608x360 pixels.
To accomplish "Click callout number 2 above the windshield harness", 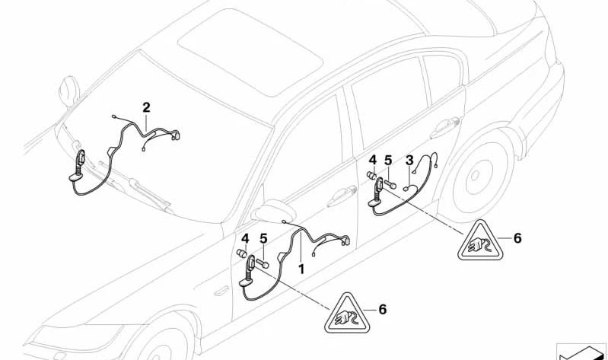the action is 146,107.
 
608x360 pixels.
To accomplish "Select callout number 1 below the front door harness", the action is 301,269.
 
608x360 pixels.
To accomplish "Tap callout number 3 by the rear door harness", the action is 409,161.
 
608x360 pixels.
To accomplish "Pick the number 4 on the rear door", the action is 373,160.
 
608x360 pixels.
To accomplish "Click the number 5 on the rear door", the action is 388,161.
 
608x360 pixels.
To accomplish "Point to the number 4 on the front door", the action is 245,238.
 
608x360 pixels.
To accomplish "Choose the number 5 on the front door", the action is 264,238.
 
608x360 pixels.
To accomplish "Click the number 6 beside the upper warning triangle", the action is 517,238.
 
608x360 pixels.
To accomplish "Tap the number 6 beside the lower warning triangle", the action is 382,309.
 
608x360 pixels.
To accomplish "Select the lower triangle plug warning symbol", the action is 347,314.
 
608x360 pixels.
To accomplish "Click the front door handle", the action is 342,196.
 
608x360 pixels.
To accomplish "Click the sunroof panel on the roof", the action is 250,52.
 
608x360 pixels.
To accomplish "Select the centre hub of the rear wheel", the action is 475,177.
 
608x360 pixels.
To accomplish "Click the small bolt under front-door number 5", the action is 262,263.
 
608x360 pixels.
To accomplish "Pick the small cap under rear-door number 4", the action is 372,175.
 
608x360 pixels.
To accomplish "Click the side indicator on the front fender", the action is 221,291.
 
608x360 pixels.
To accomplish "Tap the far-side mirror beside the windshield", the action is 69,91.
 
